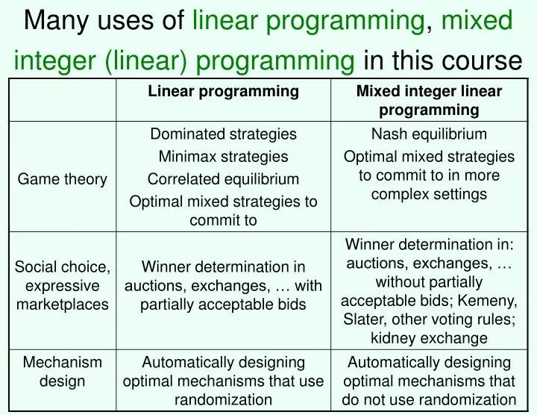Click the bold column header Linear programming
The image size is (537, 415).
(x=223, y=92)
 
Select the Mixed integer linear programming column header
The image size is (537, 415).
(x=429, y=101)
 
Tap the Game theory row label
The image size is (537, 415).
(x=63, y=179)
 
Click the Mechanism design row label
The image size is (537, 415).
(x=63, y=371)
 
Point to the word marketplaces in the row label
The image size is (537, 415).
(x=63, y=305)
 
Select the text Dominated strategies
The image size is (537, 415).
(x=223, y=134)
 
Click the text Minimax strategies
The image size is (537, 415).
(x=223, y=157)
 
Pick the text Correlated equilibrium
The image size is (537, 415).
(x=223, y=179)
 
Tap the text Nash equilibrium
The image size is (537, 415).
(x=429, y=134)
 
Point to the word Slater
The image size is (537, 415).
(x=362, y=319)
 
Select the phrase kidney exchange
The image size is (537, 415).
(x=429, y=338)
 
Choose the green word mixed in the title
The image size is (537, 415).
(x=477, y=20)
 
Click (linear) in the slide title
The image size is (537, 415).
(x=145, y=60)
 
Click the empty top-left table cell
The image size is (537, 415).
(x=63, y=100)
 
